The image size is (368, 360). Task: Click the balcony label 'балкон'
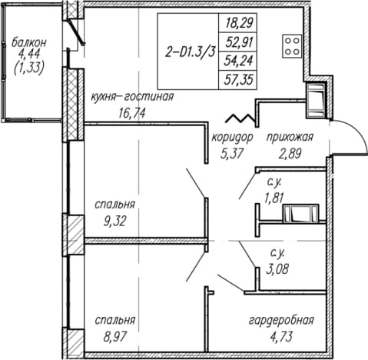tap(29, 42)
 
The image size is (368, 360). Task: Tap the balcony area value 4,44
tap(29, 55)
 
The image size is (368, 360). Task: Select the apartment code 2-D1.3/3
tap(190, 53)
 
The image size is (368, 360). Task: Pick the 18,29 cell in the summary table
tap(238, 23)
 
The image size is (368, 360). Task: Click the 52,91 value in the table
tap(239, 42)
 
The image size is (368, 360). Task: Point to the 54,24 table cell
tap(238, 61)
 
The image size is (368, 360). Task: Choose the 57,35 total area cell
tap(238, 80)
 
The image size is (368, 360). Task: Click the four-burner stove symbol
tap(292, 46)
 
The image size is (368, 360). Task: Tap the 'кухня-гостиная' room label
tap(132, 97)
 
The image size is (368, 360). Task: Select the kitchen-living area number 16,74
tap(132, 113)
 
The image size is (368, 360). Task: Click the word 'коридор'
tap(232, 138)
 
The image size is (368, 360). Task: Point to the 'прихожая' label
tap(290, 137)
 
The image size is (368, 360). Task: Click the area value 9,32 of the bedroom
tap(115, 221)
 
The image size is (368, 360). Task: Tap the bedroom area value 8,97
tap(115, 337)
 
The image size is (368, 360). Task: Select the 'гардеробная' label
tap(281, 321)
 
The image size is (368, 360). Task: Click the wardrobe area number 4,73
tap(281, 337)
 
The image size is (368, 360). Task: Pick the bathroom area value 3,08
tap(277, 269)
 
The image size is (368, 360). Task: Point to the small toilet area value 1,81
tap(274, 198)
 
